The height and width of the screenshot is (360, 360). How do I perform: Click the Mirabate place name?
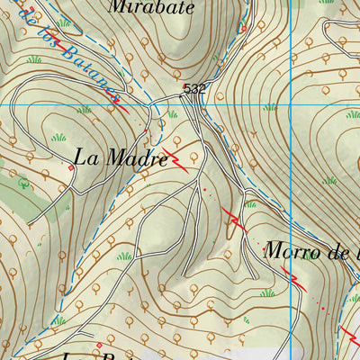150,7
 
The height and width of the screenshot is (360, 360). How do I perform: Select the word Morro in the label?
292,252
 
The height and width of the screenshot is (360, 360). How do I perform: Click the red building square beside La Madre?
71,167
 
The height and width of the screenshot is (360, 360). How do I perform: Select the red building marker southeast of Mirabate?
242,29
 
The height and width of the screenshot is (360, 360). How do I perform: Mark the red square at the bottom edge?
99,344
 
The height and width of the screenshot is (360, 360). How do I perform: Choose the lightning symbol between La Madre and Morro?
234,220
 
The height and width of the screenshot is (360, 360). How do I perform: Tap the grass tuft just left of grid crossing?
270,113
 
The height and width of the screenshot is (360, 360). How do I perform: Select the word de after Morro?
341,252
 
